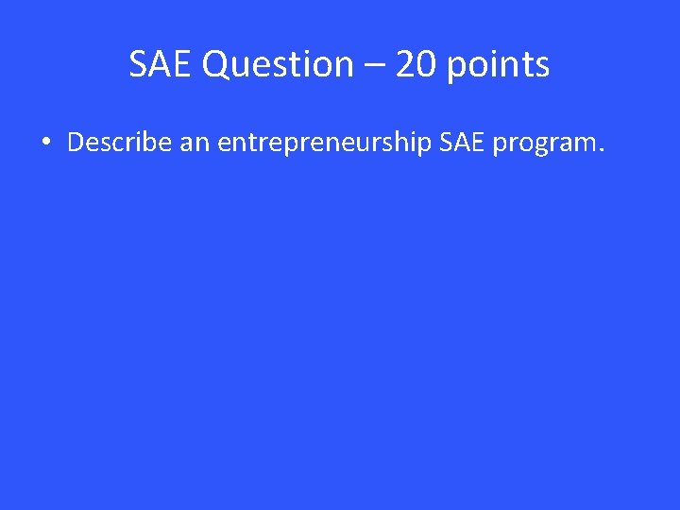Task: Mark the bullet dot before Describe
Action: point(45,144)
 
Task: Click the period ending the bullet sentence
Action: point(597,150)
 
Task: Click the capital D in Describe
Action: point(76,143)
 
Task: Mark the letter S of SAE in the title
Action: point(139,65)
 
